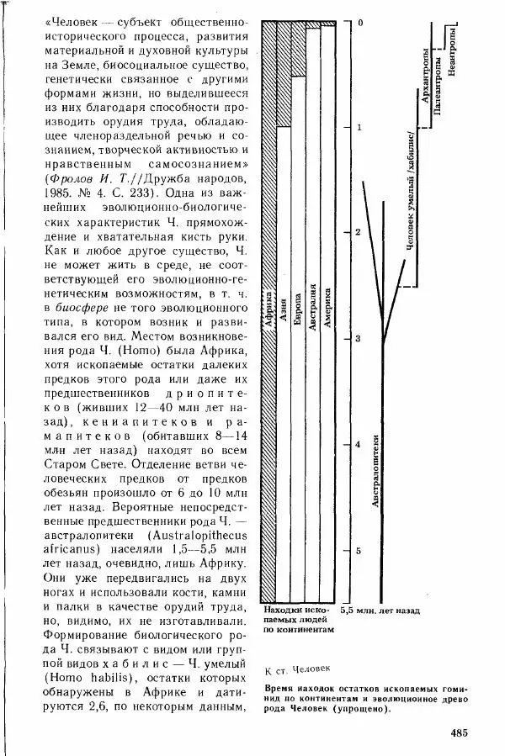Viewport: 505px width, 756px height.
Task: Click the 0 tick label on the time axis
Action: (359, 23)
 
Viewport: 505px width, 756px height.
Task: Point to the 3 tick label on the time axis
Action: (358, 338)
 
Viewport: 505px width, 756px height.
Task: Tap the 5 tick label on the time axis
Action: (358, 550)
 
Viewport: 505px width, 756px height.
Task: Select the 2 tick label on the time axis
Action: (358, 232)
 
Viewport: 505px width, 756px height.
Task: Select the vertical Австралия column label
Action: (312, 315)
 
